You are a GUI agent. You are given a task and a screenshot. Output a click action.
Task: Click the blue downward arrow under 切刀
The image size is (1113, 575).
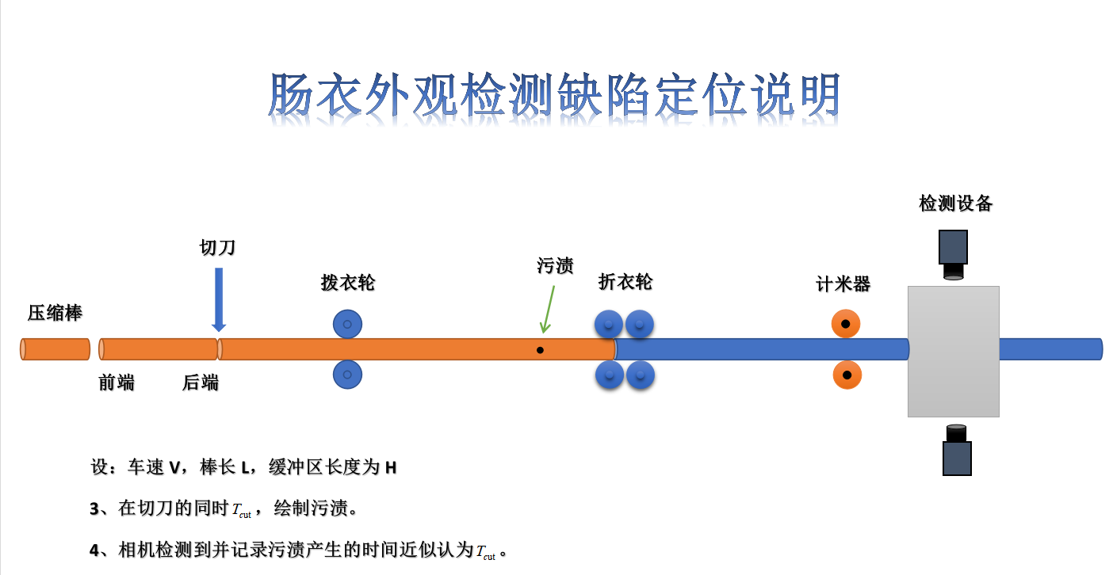[x=219, y=299]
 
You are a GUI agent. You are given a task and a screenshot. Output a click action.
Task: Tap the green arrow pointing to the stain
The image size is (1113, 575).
[x=548, y=309]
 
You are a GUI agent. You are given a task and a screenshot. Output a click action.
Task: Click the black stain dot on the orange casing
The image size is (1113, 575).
[x=540, y=350]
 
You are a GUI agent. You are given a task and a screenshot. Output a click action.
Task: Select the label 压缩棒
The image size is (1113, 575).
[x=55, y=313]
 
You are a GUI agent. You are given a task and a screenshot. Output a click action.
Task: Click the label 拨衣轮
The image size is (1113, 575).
[x=348, y=283]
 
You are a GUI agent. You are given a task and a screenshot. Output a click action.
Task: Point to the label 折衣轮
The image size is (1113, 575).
[x=625, y=281]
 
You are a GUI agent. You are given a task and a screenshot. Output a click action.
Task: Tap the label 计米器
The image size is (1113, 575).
[x=843, y=284]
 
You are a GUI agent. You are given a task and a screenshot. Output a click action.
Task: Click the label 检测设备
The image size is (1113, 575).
[x=955, y=203]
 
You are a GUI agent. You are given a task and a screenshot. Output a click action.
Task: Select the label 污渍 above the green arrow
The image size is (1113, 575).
[x=555, y=265]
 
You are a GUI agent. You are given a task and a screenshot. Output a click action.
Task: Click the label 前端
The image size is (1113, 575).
[x=117, y=383]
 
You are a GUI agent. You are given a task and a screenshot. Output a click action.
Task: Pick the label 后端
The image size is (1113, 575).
[x=201, y=383]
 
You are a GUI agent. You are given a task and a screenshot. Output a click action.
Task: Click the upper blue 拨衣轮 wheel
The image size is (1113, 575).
[x=347, y=324]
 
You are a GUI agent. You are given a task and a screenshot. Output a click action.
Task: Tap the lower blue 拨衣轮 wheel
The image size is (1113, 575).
[x=347, y=375]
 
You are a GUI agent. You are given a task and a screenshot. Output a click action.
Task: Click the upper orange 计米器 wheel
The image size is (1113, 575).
[x=846, y=324]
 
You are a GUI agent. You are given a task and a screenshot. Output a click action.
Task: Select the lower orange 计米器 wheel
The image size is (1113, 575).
[x=847, y=375]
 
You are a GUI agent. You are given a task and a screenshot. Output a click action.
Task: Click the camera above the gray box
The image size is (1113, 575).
[x=953, y=255]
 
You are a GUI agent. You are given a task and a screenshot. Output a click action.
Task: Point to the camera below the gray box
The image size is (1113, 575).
[x=957, y=450]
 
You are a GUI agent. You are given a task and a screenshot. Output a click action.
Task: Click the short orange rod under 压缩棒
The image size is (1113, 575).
[x=55, y=349]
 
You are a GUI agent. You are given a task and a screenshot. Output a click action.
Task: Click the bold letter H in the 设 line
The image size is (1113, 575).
[x=391, y=468]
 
